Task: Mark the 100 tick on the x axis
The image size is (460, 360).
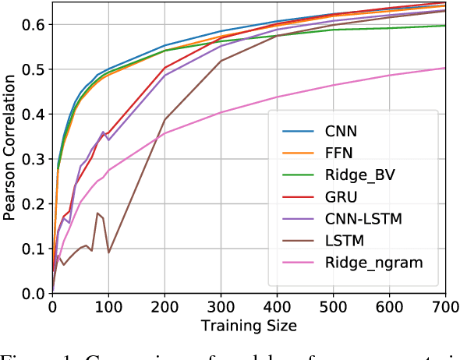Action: click(x=108, y=306)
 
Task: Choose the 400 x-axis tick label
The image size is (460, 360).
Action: click(x=277, y=306)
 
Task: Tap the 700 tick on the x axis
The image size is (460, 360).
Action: click(x=444, y=306)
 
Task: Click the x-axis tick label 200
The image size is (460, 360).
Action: click(x=164, y=306)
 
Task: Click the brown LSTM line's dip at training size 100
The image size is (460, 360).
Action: click(x=108, y=252)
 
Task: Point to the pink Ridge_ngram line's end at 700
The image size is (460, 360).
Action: click(x=444, y=68)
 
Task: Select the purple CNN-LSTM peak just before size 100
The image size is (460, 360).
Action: click(x=103, y=132)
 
